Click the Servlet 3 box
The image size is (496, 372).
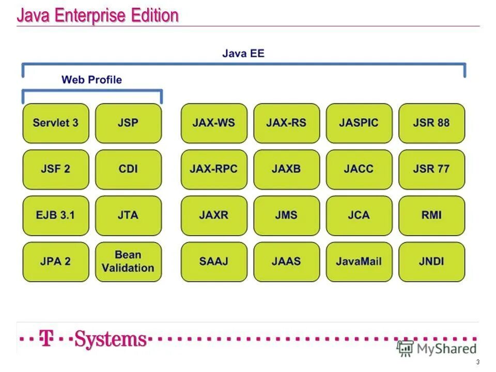point(56,123)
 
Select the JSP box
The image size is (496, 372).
point(128,123)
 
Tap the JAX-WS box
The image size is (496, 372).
point(214,123)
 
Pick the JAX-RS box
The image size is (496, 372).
point(287,123)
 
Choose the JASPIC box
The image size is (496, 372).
point(359,123)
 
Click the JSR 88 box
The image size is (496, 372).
point(431,123)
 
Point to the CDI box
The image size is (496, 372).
point(128,169)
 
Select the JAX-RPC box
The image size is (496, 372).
point(214,169)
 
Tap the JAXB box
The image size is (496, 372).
point(287,169)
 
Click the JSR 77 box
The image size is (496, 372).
point(431,169)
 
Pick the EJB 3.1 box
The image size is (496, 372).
point(56,215)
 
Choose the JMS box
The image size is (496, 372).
point(287,215)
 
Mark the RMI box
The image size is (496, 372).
point(431,215)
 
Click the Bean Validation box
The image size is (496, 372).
point(128,261)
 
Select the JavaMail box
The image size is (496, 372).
point(359,261)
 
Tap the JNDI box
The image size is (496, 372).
point(431,261)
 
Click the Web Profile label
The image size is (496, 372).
point(91,80)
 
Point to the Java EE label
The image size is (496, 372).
point(243,53)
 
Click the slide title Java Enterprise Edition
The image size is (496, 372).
point(98,16)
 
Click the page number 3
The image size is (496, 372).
point(478,362)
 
